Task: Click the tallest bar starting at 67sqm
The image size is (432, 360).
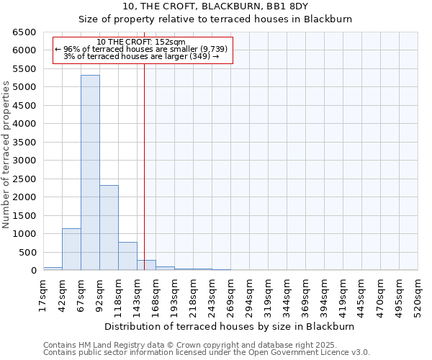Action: click(x=90, y=173)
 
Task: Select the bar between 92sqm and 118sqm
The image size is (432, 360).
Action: click(x=109, y=228)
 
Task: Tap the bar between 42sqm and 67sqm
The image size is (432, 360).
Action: click(x=71, y=249)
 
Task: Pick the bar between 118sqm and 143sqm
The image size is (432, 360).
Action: click(x=127, y=256)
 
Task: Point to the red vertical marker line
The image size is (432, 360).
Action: click(x=144, y=158)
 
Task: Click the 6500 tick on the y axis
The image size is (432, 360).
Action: click(x=24, y=32)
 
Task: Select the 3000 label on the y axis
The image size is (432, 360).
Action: click(x=24, y=161)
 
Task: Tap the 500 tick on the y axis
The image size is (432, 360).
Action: click(x=27, y=252)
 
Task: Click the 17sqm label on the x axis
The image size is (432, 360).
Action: click(x=43, y=294)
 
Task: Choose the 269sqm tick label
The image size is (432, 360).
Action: click(x=230, y=294)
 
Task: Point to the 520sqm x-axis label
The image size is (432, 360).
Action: click(x=418, y=294)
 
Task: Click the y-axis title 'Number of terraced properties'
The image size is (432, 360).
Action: click(x=6, y=155)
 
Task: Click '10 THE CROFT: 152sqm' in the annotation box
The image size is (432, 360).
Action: click(x=141, y=42)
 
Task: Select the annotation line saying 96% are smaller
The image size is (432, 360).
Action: click(x=141, y=49)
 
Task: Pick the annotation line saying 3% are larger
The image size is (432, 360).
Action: click(x=141, y=56)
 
